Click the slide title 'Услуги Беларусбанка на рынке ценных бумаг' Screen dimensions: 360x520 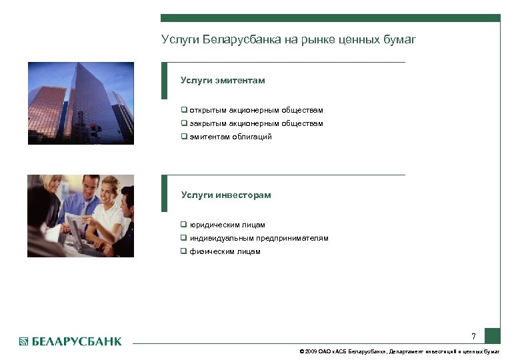pyautogui.click(x=288, y=40)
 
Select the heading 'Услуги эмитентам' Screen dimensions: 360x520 pyautogui.click(x=223, y=81)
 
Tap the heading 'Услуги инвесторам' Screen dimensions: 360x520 pyautogui.click(x=226, y=195)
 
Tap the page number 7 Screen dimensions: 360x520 pyautogui.click(x=473, y=336)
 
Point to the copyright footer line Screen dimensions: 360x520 pyautogui.click(x=399, y=351)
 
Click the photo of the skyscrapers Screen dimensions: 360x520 pyautogui.click(x=81, y=103)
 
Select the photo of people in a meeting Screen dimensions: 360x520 pyautogui.click(x=81, y=216)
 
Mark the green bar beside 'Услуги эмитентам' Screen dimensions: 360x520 pyautogui.click(x=164, y=81)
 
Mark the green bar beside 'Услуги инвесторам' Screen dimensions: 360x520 pyautogui.click(x=164, y=193)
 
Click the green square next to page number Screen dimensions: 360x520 pyautogui.click(x=492, y=335)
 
